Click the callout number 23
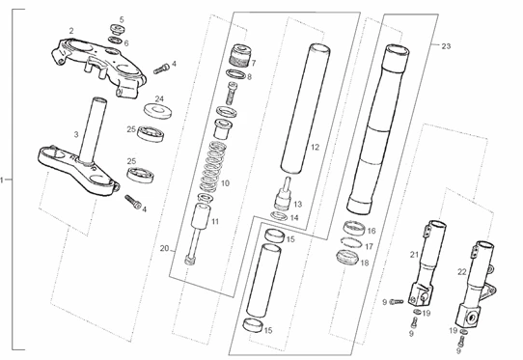[446, 46]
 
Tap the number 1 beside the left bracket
[2, 180]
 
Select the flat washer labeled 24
[157, 111]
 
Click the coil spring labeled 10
[211, 167]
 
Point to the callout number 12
[315, 147]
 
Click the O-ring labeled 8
[235, 74]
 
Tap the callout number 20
[164, 249]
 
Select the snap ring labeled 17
[351, 241]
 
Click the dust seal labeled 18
[347, 257]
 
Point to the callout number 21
[414, 255]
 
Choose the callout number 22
[461, 272]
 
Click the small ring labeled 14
[279, 216]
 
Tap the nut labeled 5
[117, 29]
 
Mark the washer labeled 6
[115, 41]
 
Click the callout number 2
[71, 31]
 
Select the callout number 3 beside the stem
[76, 134]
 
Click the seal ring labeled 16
[353, 228]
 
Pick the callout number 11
[215, 222]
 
